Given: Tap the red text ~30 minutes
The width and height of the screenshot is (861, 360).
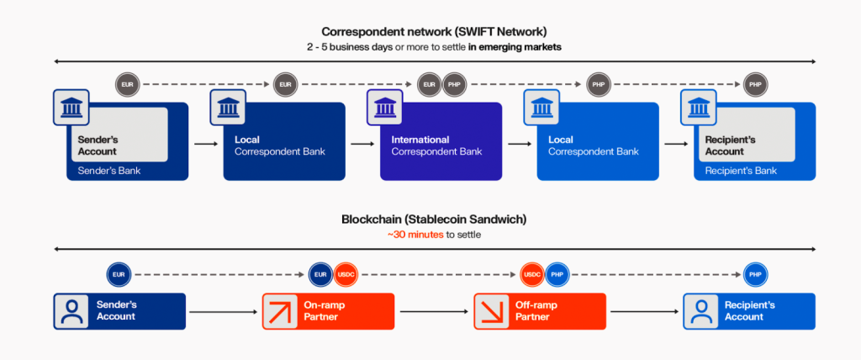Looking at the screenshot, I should [x=414, y=234].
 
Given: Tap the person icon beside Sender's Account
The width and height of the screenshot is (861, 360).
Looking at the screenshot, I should [x=71, y=310].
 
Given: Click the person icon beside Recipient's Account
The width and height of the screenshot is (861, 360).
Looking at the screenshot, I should [x=701, y=310].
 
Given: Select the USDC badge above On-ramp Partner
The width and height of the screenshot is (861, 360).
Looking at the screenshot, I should [x=346, y=275].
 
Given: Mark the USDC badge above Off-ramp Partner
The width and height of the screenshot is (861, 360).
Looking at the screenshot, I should [x=531, y=275].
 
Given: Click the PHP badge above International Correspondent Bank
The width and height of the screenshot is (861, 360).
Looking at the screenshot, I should [x=454, y=86].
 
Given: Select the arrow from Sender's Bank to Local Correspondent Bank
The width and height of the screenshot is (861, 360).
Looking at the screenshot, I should [x=205, y=144].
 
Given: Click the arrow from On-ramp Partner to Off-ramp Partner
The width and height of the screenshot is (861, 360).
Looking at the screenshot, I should [x=434, y=311].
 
